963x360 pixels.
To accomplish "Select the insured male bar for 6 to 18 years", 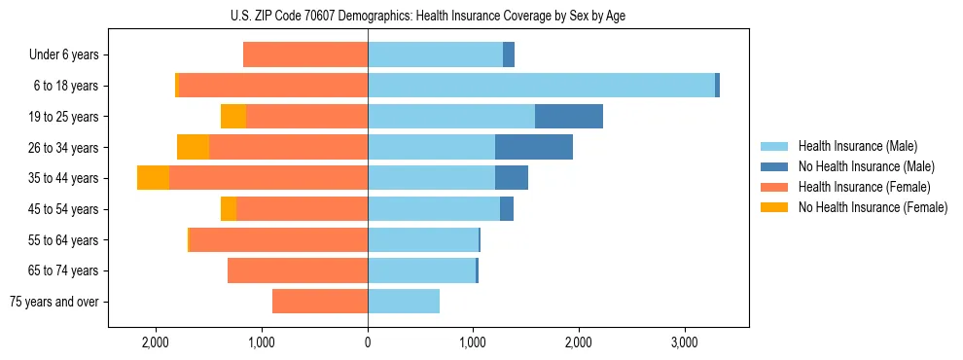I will click(x=541, y=86).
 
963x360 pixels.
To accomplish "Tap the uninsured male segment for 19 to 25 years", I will click(x=569, y=117).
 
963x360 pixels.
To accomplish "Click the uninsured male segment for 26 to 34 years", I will click(x=534, y=147).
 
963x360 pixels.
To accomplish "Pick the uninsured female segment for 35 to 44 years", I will click(x=153, y=178).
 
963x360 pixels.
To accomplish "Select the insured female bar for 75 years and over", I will click(x=320, y=302).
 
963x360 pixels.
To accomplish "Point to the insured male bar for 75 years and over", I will click(x=404, y=302).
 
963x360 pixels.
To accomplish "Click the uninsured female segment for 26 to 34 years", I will click(x=193, y=147).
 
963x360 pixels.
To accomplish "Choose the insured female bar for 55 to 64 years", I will click(x=278, y=239).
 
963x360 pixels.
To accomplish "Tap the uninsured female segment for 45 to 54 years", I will click(x=229, y=209).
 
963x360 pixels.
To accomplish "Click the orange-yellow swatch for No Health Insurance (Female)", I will click(x=774, y=207).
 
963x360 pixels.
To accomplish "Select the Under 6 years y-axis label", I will click(x=64, y=55).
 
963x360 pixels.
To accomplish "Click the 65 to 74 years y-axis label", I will click(x=64, y=270).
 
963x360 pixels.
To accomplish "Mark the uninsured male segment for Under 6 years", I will click(x=509, y=54).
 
